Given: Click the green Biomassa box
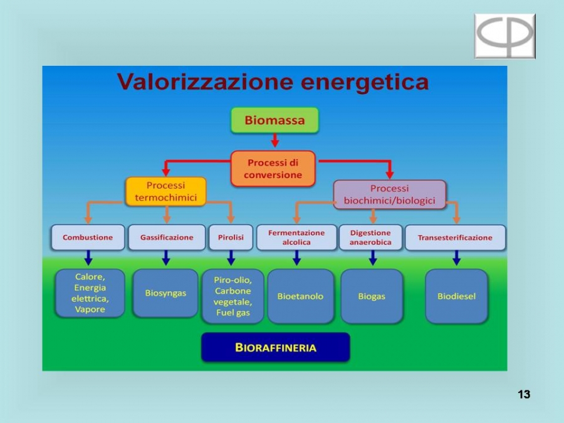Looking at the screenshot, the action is [x=275, y=120].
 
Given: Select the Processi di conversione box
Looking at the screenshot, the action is [x=273, y=169].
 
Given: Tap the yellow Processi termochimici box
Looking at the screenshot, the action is [x=166, y=191].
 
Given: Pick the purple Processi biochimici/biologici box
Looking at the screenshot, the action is [x=390, y=195].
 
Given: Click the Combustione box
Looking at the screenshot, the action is [x=88, y=238].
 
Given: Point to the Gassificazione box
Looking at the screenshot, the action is [x=167, y=238].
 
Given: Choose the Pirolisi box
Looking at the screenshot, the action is [x=231, y=238].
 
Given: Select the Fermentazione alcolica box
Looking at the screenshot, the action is [x=296, y=238].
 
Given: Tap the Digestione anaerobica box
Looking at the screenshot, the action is [x=370, y=238].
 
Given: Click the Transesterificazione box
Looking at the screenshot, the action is [x=456, y=238].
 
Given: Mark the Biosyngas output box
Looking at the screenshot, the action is [x=165, y=293].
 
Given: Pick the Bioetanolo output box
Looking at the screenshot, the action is [x=300, y=296].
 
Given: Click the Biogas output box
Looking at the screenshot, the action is [x=372, y=296].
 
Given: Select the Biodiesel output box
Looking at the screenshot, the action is [x=456, y=296].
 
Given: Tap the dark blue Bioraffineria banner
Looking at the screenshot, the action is [x=276, y=347].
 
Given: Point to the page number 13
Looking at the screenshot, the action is [x=524, y=394].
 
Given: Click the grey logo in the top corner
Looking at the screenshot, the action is [x=505, y=36].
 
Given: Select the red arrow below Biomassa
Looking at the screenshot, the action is [x=275, y=140].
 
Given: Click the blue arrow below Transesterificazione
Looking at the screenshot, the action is [x=456, y=258].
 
